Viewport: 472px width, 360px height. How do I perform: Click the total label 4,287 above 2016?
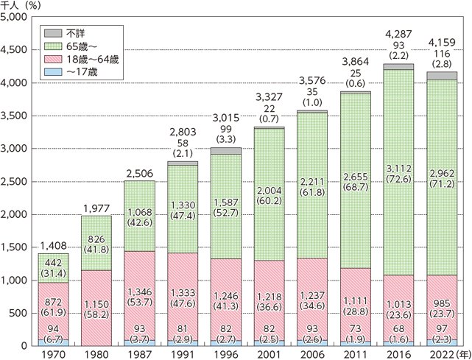pyautogui.click(x=419, y=35)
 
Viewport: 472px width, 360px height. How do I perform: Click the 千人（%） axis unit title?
pyautogui.click(x=24, y=5)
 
